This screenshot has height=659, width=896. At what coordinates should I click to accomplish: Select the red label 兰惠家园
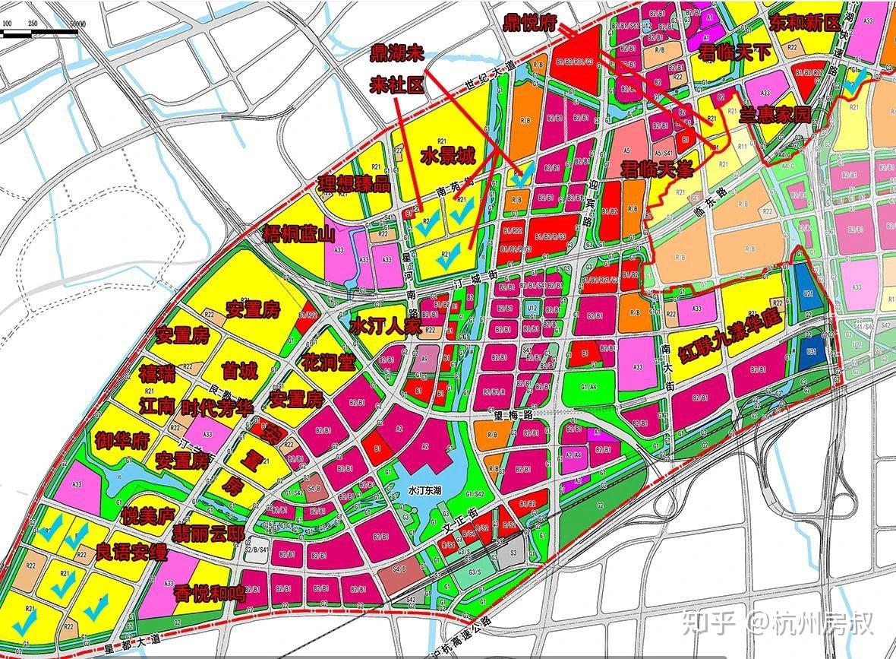pyautogui.click(x=775, y=115)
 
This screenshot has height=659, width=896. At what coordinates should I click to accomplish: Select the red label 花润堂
pyautogui.click(x=328, y=362)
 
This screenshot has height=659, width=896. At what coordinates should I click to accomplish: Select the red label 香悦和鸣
pyautogui.click(x=210, y=593)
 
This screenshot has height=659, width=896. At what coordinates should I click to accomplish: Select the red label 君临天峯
pyautogui.click(x=657, y=169)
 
